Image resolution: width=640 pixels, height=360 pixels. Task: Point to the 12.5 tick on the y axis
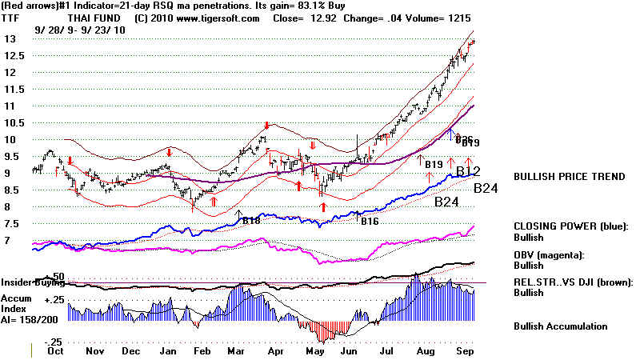click(x=13, y=55)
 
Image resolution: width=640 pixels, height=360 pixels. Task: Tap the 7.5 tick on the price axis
click(x=10, y=224)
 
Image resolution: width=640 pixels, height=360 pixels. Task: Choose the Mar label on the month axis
click(x=235, y=350)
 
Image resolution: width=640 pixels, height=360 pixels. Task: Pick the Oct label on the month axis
click(x=55, y=350)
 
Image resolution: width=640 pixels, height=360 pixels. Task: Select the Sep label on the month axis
click(x=463, y=350)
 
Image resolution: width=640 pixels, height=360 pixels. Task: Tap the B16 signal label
click(x=369, y=221)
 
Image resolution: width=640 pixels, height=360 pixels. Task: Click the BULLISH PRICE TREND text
click(x=569, y=177)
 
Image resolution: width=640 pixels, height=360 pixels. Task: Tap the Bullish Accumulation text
click(x=561, y=326)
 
